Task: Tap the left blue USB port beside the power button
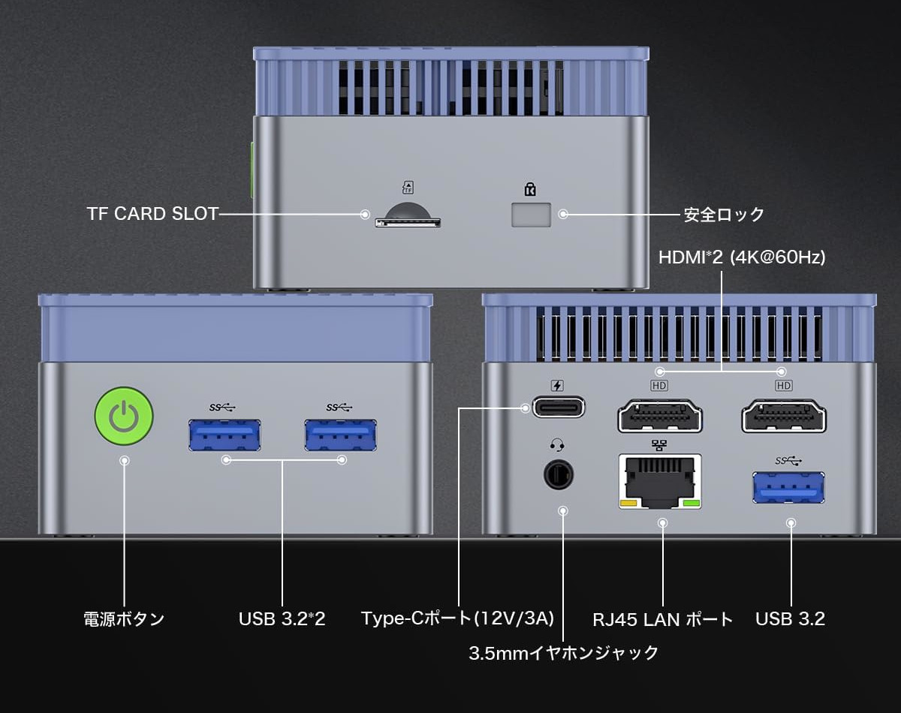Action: [224, 435]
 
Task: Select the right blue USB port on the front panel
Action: [341, 435]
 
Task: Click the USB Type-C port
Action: [559, 408]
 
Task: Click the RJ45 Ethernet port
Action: [661, 480]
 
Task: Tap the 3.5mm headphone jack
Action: [558, 475]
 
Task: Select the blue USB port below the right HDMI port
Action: [788, 487]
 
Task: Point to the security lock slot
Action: [531, 215]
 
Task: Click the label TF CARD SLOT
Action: [152, 214]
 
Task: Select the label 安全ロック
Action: [724, 215]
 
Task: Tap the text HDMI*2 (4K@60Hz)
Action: [742, 257]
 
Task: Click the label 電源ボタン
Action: [124, 619]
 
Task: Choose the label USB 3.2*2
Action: [282, 619]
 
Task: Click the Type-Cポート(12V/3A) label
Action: [457, 618]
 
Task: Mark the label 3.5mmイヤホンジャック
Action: [563, 653]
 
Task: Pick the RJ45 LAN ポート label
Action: [662, 620]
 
